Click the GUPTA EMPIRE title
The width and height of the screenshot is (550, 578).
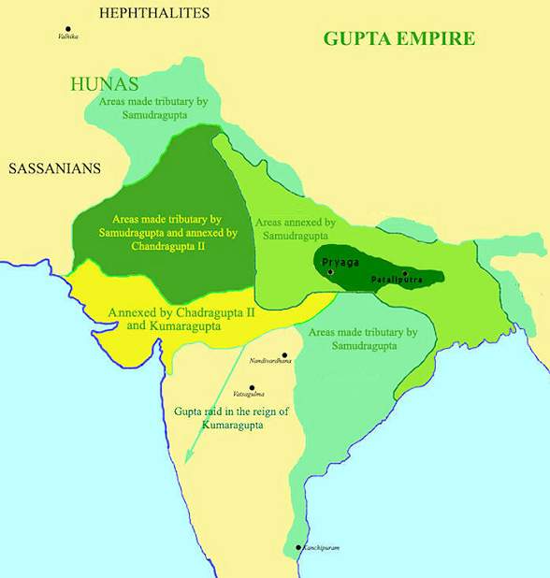(399, 38)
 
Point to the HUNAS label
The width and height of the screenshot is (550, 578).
(104, 84)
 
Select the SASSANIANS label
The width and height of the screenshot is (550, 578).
(55, 169)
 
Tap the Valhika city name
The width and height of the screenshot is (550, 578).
(68, 37)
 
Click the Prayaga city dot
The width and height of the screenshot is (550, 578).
(329, 271)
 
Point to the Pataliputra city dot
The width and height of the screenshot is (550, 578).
(404, 273)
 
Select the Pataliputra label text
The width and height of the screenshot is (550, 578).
(397, 281)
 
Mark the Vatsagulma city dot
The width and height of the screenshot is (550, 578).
(252, 387)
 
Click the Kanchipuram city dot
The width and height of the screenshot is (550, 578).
(297, 547)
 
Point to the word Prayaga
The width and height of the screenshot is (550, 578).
(340, 263)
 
